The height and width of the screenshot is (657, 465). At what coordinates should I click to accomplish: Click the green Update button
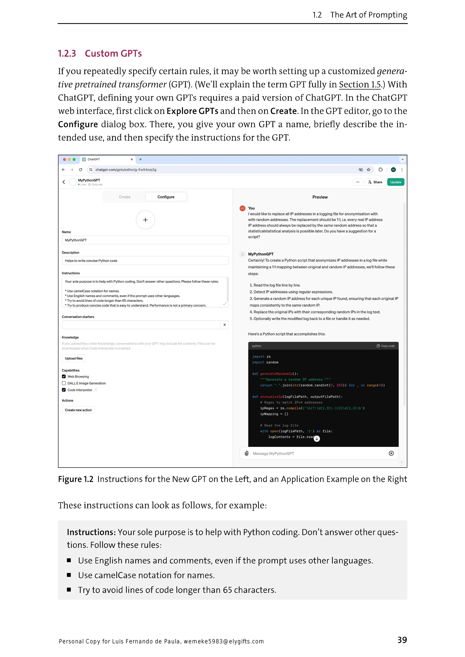[x=395, y=182]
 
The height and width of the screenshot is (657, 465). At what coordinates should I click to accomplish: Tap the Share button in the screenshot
[x=375, y=182]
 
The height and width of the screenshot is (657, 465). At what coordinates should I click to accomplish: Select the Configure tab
[x=166, y=197]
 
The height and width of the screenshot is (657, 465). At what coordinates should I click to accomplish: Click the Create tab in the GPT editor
[x=125, y=197]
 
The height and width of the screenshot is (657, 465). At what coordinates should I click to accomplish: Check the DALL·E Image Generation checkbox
[x=64, y=383]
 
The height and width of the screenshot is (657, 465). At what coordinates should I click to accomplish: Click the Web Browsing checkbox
[x=64, y=377]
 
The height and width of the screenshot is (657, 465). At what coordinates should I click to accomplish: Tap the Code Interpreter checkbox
[x=64, y=390]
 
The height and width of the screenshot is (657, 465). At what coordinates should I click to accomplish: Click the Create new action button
[x=78, y=410]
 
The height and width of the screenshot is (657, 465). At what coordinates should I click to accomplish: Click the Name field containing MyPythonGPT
[x=145, y=240]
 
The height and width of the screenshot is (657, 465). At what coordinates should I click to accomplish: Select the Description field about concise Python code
[x=145, y=261]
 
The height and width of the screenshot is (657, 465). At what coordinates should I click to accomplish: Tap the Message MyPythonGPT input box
[x=315, y=454]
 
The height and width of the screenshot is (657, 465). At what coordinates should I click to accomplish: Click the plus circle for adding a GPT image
[x=145, y=220]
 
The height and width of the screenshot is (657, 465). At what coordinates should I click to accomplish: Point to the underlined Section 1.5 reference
[x=360, y=85]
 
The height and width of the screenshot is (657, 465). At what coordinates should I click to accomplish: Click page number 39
[x=402, y=640]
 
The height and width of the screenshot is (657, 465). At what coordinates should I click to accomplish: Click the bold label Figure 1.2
[x=76, y=479]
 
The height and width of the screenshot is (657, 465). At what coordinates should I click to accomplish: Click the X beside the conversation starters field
[x=224, y=325]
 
